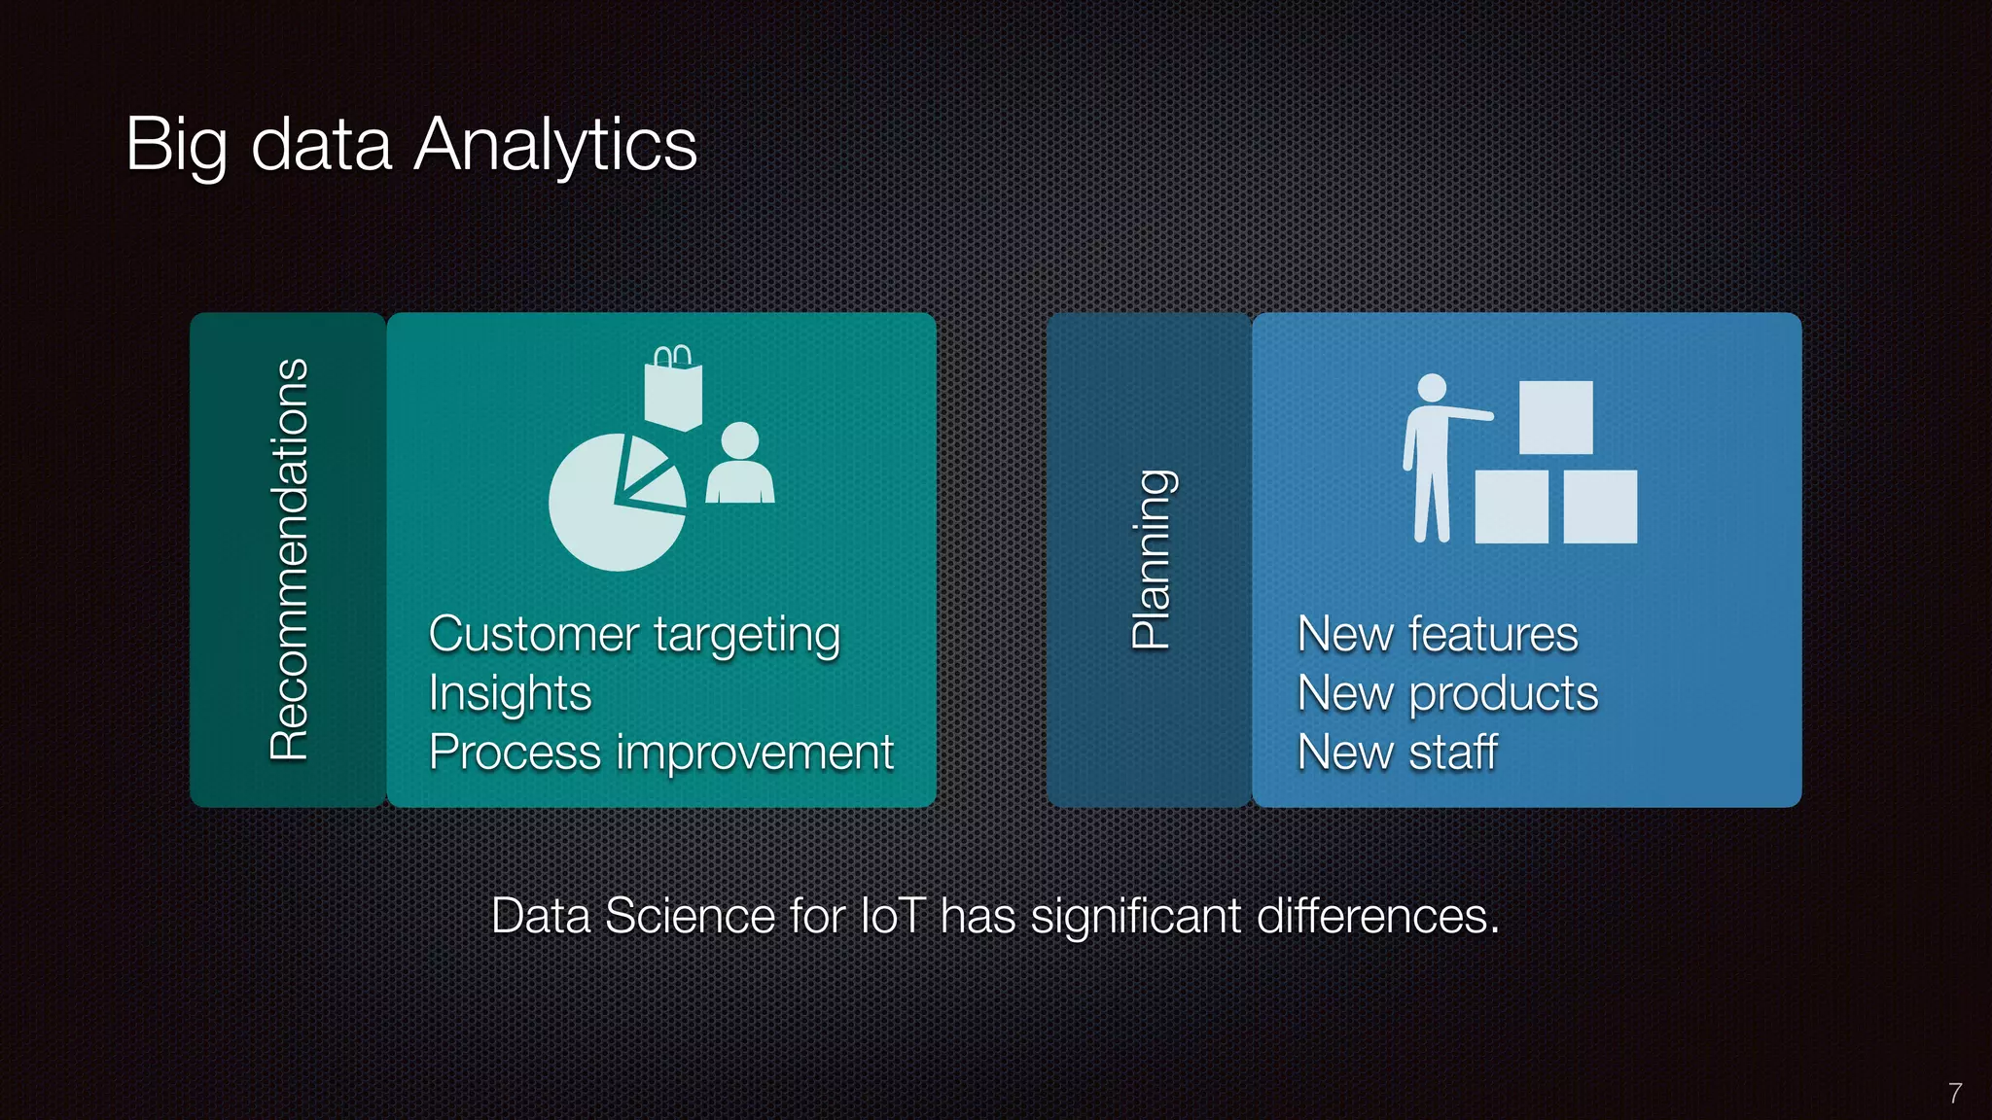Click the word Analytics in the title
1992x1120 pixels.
click(x=555, y=144)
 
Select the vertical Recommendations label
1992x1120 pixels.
click(x=289, y=560)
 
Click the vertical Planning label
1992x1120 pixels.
click(x=1153, y=560)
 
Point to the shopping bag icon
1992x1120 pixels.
click(x=672, y=389)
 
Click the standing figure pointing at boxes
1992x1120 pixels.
click(x=1430, y=457)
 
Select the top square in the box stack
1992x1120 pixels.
click(x=1556, y=417)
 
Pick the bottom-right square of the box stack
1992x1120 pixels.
click(x=1600, y=507)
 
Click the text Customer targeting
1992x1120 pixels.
click(x=634, y=635)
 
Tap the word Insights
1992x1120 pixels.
click(x=510, y=694)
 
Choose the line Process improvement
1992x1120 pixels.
click(x=660, y=752)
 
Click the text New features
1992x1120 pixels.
click(x=1437, y=635)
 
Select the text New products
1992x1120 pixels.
click(x=1447, y=694)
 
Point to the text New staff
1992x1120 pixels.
click(x=1397, y=752)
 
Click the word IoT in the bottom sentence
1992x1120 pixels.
click(x=892, y=916)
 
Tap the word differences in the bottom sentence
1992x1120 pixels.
click(x=1377, y=916)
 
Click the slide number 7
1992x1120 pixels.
click(x=1955, y=1093)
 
